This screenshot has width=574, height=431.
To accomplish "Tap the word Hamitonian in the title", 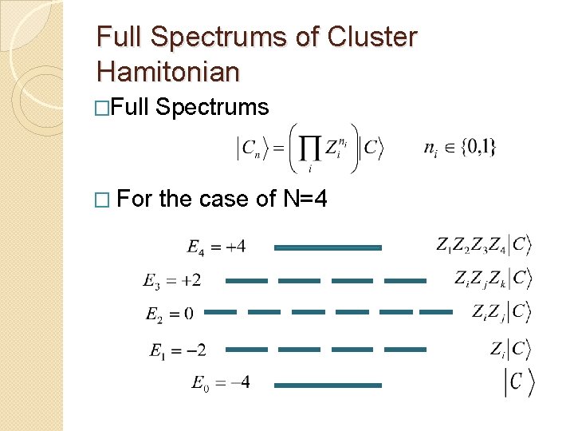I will click(167, 72).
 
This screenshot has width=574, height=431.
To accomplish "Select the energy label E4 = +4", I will click(216, 247).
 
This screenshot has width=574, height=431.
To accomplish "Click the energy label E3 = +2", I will click(171, 280).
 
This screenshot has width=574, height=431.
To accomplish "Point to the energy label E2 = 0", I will click(169, 314).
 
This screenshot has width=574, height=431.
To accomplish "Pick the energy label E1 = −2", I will click(177, 350).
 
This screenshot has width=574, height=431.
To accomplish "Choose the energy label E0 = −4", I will click(220, 383).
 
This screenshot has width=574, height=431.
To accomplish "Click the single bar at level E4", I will click(328, 247).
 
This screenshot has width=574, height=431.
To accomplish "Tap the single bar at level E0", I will click(328, 386).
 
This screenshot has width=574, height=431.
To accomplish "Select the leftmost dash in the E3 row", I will click(246, 281).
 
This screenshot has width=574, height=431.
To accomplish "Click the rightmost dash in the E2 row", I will click(436, 312).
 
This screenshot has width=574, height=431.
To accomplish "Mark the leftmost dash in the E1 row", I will click(246, 350).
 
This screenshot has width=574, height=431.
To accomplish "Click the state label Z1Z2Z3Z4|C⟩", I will click(483, 245).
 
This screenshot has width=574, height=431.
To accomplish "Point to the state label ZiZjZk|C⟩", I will click(492, 279).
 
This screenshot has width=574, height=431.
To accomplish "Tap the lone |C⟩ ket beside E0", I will click(518, 382).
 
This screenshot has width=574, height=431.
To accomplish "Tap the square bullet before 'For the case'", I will click(102, 199).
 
